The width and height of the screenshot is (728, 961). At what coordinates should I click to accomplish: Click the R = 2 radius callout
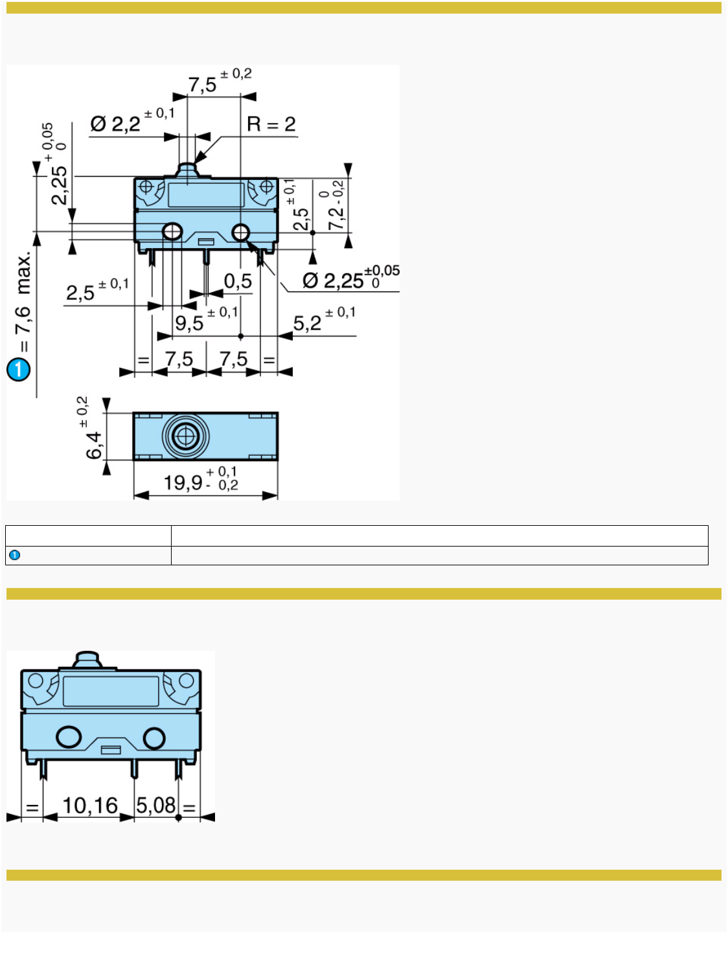coord(271,124)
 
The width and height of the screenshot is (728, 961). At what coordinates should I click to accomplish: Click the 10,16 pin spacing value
coord(89,806)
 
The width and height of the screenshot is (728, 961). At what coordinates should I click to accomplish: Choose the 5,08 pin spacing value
coord(156,806)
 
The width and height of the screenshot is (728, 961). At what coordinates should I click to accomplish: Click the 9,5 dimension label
coord(189,322)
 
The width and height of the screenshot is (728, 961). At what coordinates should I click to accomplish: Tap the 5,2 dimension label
coord(308,322)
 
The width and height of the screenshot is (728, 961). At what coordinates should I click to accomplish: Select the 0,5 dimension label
coord(238,281)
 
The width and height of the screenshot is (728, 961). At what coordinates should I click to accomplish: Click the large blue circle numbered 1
coord(19,369)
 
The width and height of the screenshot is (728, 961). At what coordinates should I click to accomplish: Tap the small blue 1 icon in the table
coord(15,555)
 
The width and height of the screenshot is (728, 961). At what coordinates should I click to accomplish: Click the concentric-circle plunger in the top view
coord(186,436)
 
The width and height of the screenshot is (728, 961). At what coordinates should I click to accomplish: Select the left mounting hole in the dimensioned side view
coord(172,231)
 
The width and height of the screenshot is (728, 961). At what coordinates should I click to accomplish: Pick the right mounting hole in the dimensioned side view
coord(240,232)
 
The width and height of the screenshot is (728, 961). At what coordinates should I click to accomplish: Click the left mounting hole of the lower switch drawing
coord(69,737)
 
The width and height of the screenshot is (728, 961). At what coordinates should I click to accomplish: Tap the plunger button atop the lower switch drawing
coord(87,661)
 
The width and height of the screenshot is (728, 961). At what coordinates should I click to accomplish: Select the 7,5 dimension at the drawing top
coord(203,84)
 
